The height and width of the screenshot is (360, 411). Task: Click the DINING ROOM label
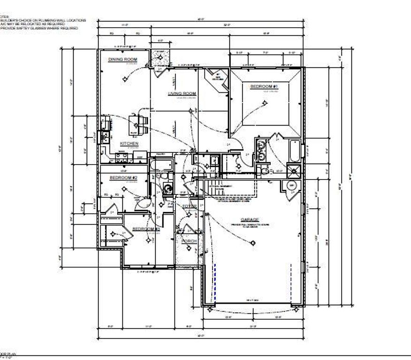pyautogui.click(x=122, y=60)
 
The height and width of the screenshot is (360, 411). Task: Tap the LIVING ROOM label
pyautogui.click(x=182, y=94)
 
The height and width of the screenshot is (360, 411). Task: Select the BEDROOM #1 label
pyautogui.click(x=265, y=87)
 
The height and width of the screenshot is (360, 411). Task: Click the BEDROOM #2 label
pyautogui.click(x=123, y=178)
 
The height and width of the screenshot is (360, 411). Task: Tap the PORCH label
pyautogui.click(x=189, y=241)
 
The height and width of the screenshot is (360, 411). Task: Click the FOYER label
pyautogui.click(x=190, y=206)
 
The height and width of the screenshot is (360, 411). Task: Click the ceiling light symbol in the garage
pyautogui.click(x=253, y=243)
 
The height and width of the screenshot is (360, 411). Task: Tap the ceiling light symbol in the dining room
pyautogui.click(x=124, y=78)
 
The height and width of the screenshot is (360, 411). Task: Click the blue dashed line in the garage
pyautogui.click(x=215, y=281)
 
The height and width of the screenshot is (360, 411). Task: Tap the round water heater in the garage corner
pyautogui.click(x=290, y=186)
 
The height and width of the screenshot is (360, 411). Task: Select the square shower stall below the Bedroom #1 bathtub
pyautogui.click(x=294, y=170)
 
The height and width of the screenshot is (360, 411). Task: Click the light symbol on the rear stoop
pyautogui.click(x=160, y=57)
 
